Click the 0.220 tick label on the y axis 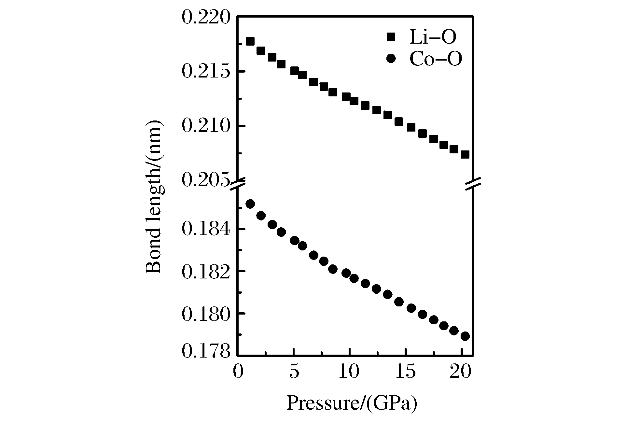coord(206,17)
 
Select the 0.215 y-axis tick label coord(206,71)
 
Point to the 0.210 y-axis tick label coord(206,126)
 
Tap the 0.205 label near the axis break coord(206,180)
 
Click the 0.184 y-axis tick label coord(206,229)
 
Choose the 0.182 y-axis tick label coord(206,271)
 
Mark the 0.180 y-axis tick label coord(206,313)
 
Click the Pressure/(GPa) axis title coord(352,403)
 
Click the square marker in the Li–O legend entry coord(390,37)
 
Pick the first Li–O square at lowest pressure coord(250,41)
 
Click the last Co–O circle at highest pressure coord(465,336)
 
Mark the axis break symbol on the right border coord(473,184)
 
